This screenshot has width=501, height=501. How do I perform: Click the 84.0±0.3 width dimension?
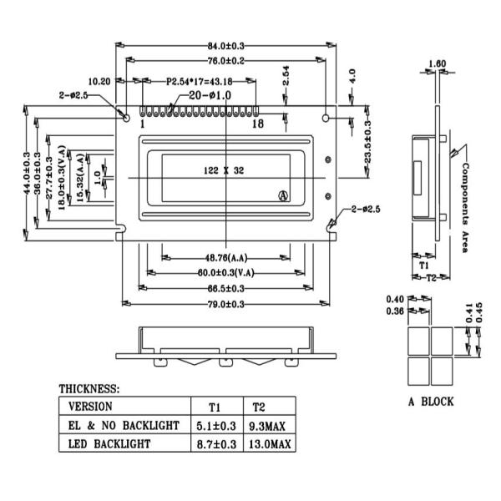tap(225, 45)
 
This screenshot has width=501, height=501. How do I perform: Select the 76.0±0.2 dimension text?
tap(225, 61)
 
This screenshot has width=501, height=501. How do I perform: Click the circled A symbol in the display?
tap(283, 195)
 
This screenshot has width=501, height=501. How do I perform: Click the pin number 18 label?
tap(257, 124)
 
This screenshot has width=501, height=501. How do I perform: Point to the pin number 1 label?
tap(142, 124)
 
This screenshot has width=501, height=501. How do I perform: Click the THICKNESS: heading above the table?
tap(89, 389)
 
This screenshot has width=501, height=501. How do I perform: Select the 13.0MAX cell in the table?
tap(269, 444)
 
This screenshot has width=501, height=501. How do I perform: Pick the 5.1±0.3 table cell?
tap(215, 426)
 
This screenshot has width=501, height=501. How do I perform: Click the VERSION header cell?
tap(90, 407)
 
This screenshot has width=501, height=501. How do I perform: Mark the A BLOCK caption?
tap(431, 402)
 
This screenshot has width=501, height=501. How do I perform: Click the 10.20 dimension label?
tap(99, 81)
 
